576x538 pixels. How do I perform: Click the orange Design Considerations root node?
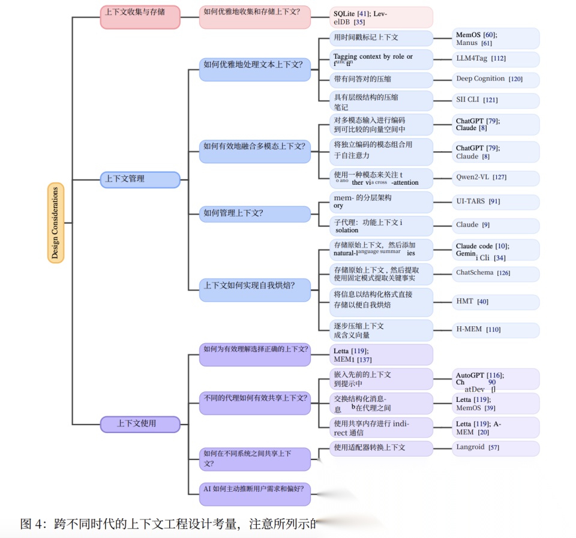click(x=55, y=223)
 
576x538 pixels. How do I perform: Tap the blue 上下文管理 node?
click(x=140, y=179)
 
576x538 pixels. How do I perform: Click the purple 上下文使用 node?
click(x=140, y=424)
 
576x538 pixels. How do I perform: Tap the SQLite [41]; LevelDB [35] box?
click(x=381, y=17)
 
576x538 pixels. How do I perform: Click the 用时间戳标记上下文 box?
click(x=381, y=38)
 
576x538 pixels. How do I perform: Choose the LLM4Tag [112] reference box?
click(x=496, y=59)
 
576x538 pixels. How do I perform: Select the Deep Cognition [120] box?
click(x=496, y=79)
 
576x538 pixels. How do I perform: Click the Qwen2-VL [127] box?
click(x=496, y=178)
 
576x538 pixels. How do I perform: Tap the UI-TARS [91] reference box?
click(x=496, y=202)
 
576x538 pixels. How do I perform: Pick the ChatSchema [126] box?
click(x=496, y=273)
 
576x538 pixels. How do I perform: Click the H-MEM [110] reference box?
click(x=496, y=330)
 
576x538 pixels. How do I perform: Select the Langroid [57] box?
click(x=496, y=448)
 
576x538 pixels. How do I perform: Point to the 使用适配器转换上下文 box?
click(x=381, y=448)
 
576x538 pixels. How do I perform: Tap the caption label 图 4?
click(x=32, y=524)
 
